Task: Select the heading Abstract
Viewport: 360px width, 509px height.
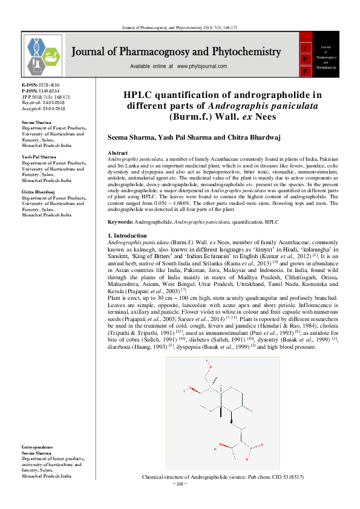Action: point(117,154)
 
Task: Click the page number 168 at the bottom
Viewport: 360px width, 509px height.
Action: point(180,484)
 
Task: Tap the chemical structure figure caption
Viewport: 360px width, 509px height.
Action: point(222,477)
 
